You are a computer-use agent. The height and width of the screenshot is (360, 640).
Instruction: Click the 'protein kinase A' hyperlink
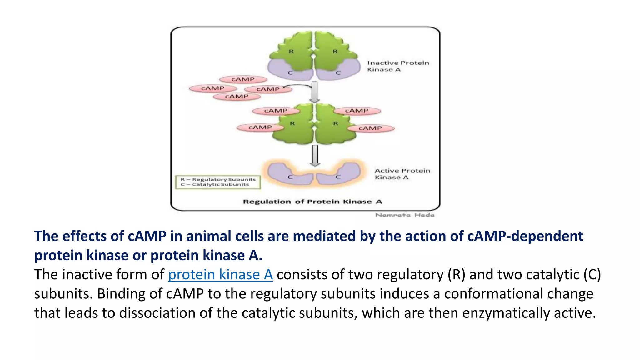tap(220, 275)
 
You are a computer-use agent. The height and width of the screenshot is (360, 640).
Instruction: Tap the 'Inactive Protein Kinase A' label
tap(398, 66)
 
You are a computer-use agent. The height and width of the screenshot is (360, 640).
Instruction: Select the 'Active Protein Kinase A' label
tap(402, 174)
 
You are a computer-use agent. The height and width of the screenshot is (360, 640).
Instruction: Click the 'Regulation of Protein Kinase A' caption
tap(312, 202)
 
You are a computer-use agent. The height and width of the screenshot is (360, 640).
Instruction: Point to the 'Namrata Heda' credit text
tap(405, 215)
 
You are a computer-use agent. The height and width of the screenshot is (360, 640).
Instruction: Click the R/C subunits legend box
tap(218, 182)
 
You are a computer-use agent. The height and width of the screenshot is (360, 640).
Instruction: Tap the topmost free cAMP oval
tap(243, 79)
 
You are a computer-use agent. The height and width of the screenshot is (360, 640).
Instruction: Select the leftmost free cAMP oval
tap(213, 88)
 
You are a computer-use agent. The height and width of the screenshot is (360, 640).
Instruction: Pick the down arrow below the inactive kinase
tap(315, 92)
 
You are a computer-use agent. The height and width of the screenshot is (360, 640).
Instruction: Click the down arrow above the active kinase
tap(315, 155)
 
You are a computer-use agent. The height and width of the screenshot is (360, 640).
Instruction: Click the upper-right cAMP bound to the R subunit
tap(357, 111)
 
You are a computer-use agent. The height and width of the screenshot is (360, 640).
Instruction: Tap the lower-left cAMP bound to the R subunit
tap(260, 127)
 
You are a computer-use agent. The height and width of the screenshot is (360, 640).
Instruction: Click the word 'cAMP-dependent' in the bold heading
tap(525, 236)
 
